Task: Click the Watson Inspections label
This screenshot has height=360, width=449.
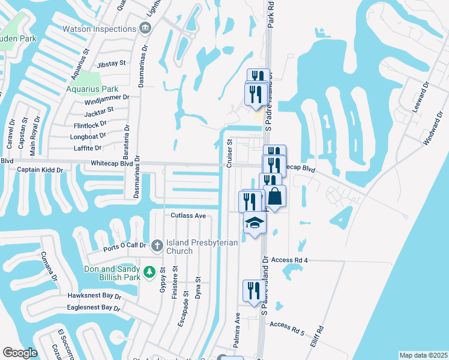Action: click(x=99, y=29)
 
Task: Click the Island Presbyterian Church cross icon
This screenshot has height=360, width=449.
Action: click(x=157, y=245)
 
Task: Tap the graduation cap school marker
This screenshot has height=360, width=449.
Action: click(x=255, y=223)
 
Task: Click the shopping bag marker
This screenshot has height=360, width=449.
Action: click(x=274, y=196)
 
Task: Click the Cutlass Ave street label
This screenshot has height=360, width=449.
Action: click(x=188, y=215)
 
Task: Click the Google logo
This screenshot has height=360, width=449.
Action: click(x=20, y=353)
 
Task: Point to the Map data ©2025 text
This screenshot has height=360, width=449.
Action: click(x=423, y=355)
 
